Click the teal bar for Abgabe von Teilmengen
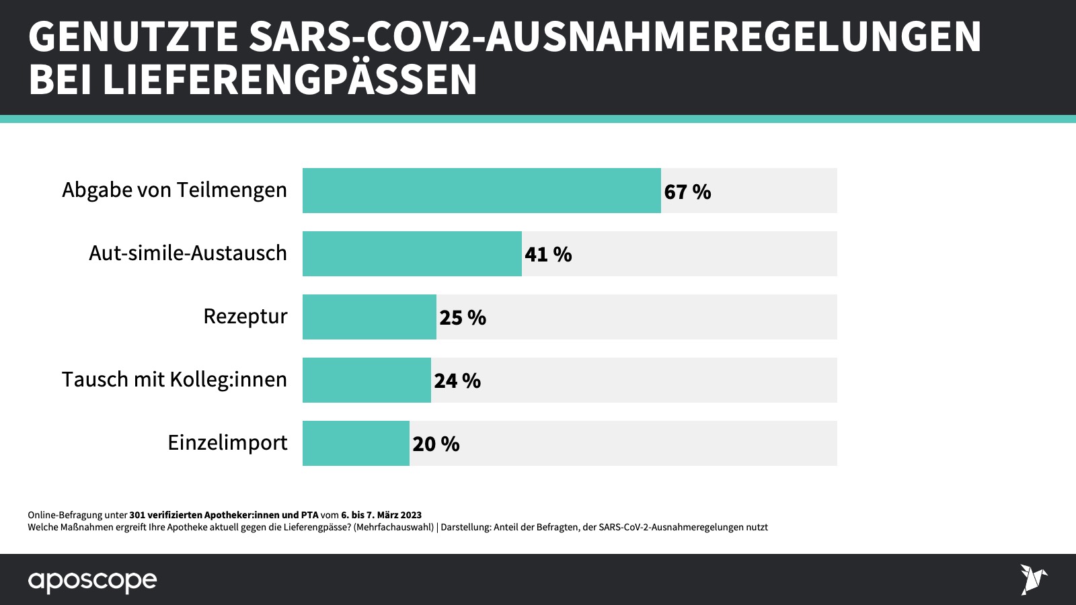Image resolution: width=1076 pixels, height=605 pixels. pyautogui.click(x=482, y=191)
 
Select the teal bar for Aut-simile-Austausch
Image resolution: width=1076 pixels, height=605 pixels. pyautogui.click(x=412, y=254)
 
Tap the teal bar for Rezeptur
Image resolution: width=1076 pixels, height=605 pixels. pyautogui.click(x=369, y=317)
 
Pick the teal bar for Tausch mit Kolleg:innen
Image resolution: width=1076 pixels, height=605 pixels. pyautogui.click(x=367, y=380)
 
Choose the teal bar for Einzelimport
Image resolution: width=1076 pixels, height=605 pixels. pyautogui.click(x=356, y=444)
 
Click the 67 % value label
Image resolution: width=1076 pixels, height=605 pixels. pyautogui.click(x=687, y=192)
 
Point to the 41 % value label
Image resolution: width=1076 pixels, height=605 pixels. pyautogui.click(x=548, y=255)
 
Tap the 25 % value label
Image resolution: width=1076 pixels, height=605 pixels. pyautogui.click(x=463, y=318)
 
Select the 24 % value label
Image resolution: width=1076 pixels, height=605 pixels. pyautogui.click(x=457, y=381)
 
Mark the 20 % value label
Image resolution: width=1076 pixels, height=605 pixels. pyautogui.click(x=436, y=444)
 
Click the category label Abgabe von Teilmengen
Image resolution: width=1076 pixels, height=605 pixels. pyautogui.click(x=174, y=190)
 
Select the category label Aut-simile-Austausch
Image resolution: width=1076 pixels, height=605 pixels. pyautogui.click(x=188, y=253)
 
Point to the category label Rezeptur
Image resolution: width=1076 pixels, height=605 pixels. pyautogui.click(x=245, y=317)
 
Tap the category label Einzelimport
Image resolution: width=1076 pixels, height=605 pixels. pyautogui.click(x=227, y=443)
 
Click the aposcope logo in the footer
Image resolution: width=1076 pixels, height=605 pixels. pyautogui.click(x=92, y=581)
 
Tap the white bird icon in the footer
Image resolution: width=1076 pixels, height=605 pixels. pyautogui.click(x=1033, y=579)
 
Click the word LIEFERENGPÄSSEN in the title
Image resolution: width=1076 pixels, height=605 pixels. pyautogui.click(x=290, y=80)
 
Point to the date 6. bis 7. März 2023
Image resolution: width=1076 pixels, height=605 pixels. pyautogui.click(x=381, y=516)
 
